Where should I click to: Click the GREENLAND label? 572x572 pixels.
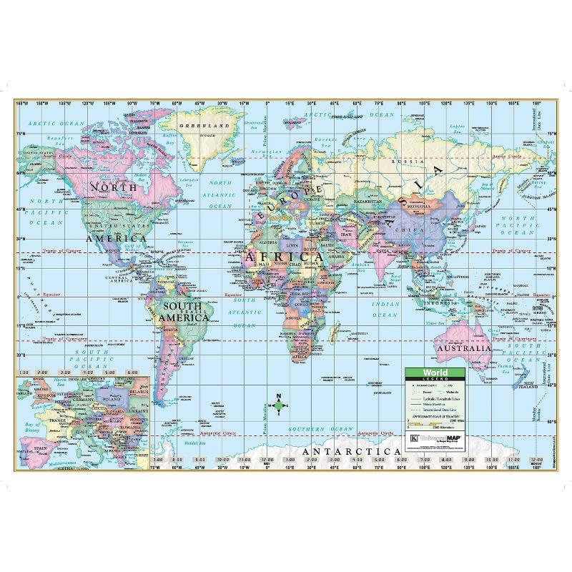[x=204, y=126]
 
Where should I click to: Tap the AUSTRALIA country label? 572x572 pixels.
[x=465, y=348]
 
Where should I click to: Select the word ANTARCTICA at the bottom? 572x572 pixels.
[x=352, y=452]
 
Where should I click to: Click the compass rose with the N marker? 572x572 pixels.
[x=279, y=408]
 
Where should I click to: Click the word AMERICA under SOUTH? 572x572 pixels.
[x=186, y=317]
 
